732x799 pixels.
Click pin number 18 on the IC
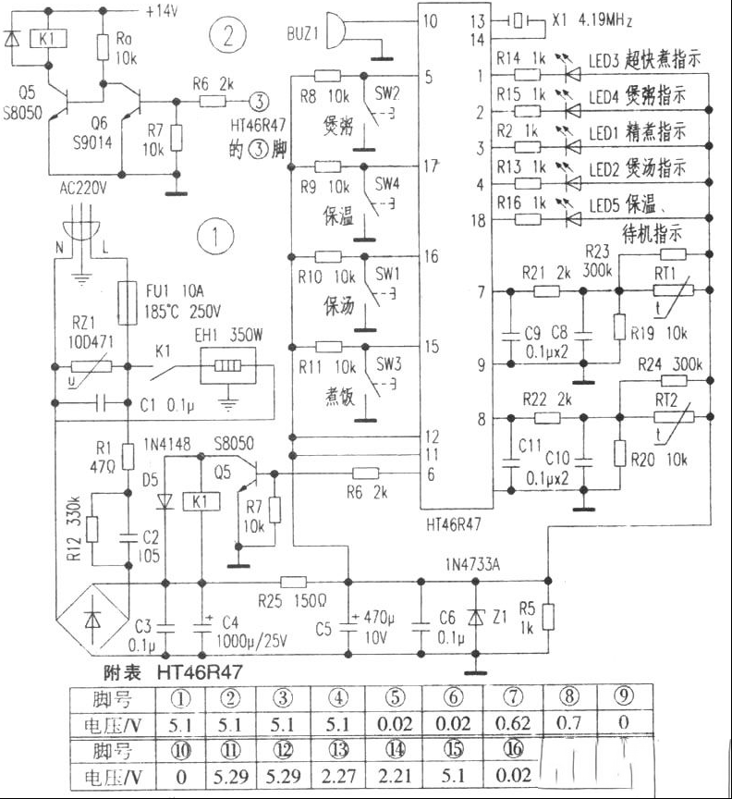coord(478,220)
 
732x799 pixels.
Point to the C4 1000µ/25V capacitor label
coord(238,633)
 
